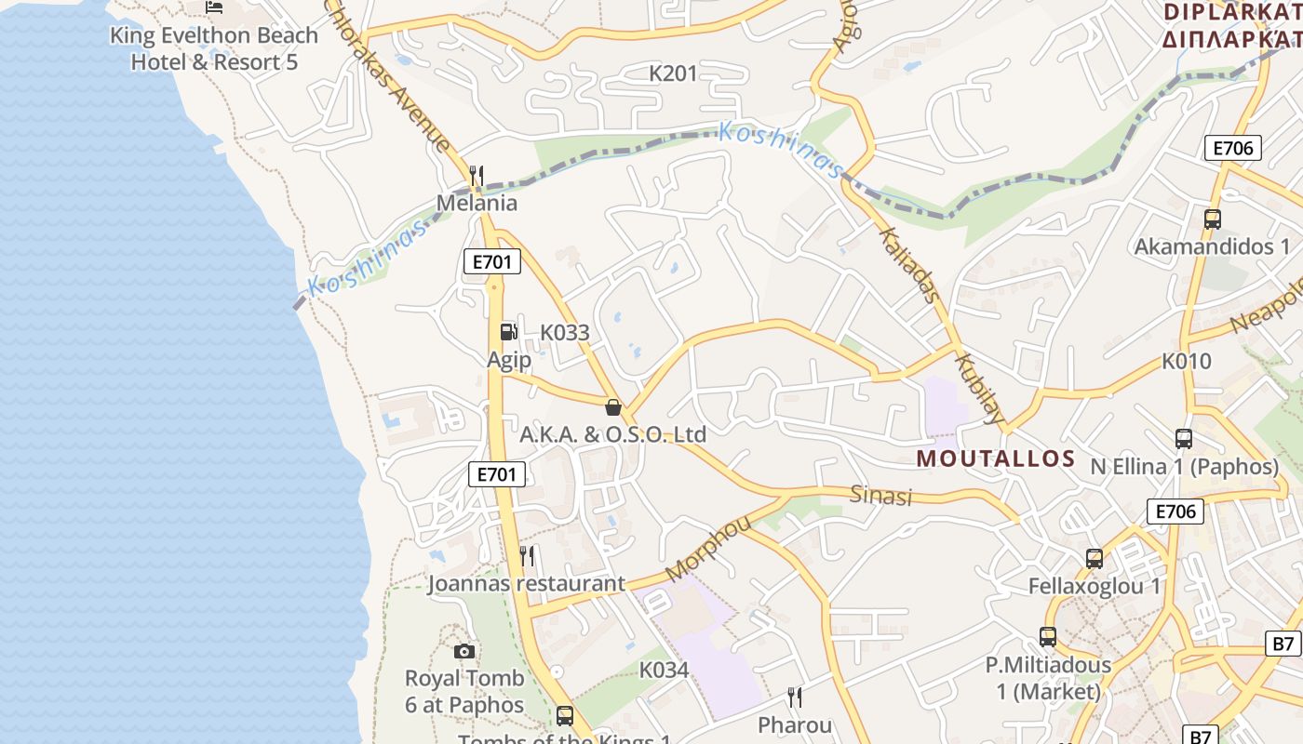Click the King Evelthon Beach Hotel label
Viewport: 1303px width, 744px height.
(x=214, y=48)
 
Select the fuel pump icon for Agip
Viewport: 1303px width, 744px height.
(x=508, y=331)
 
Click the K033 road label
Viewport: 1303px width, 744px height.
(x=565, y=332)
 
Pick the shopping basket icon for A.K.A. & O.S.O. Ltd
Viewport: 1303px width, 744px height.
(x=612, y=406)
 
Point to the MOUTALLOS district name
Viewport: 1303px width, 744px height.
(x=996, y=458)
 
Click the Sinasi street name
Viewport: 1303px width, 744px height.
(x=881, y=495)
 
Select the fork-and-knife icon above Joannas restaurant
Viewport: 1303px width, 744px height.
(x=527, y=556)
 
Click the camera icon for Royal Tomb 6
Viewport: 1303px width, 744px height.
(x=464, y=651)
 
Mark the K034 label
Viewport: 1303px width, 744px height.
(x=664, y=670)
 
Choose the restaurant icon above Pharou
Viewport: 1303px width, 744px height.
(x=795, y=697)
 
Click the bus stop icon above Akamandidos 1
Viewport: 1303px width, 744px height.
(x=1212, y=219)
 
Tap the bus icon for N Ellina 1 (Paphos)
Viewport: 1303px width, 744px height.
(x=1184, y=438)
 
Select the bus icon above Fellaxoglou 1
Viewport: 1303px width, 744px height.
(x=1095, y=559)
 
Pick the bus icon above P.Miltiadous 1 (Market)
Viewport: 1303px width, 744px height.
(x=1048, y=638)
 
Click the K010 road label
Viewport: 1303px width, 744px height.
(x=1187, y=361)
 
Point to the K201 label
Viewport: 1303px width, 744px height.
(x=673, y=73)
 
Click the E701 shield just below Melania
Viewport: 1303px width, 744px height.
(x=492, y=262)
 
